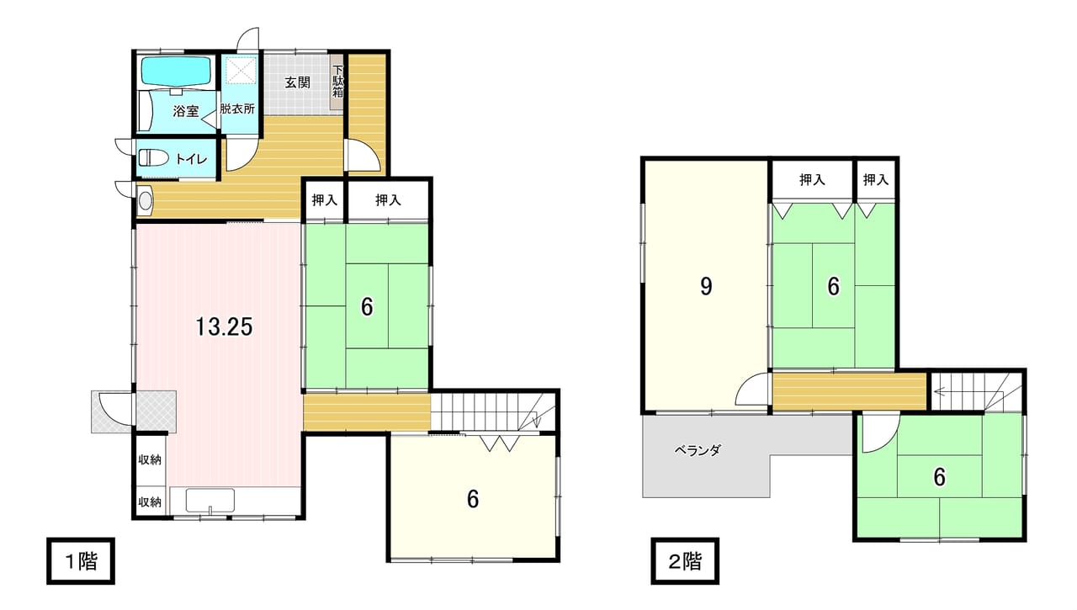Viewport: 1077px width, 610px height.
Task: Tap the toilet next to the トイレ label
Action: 153,157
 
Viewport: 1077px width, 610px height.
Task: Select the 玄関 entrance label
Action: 297,82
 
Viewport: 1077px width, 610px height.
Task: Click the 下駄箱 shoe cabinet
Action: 338,82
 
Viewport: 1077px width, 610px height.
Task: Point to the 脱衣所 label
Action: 237,109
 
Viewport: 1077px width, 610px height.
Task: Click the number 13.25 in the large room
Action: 224,326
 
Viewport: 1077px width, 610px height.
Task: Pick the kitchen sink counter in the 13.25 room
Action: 210,501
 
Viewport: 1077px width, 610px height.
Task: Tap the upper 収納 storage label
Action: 150,459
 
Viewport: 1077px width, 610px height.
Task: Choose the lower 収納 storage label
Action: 150,501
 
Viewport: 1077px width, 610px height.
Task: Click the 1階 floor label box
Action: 81,561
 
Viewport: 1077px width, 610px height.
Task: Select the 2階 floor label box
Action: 685,561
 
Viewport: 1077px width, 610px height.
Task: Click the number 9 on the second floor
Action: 706,287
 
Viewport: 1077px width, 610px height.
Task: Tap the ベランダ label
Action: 698,450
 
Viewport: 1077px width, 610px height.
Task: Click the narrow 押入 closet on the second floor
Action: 875,179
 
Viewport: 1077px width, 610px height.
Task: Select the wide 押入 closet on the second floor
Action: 813,179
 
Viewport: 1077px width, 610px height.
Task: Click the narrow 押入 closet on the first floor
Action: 325,200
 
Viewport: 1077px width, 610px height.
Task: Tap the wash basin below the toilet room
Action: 145,200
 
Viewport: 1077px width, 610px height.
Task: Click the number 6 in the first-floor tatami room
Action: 367,307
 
